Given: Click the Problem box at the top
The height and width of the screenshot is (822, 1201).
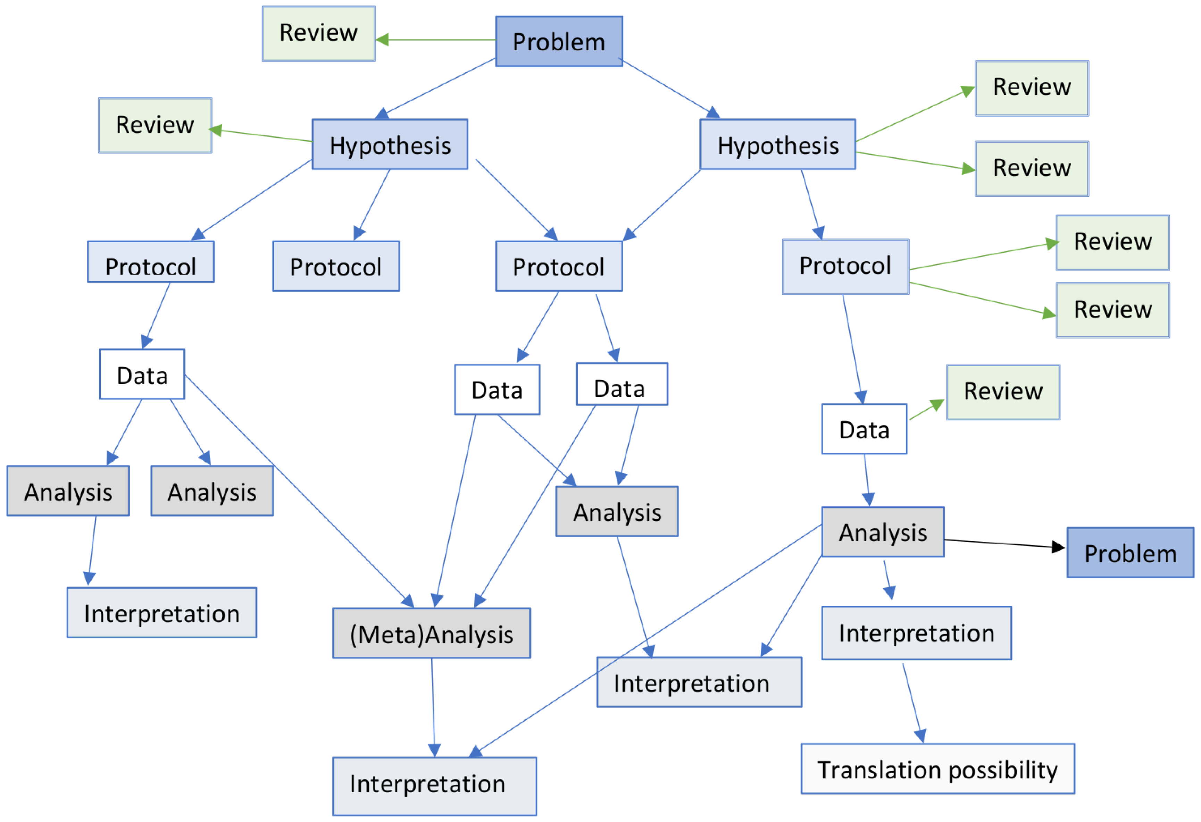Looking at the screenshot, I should (559, 41).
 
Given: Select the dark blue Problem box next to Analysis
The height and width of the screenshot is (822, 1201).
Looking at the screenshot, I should (1130, 553).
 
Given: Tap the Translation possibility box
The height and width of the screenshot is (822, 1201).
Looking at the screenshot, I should (937, 769).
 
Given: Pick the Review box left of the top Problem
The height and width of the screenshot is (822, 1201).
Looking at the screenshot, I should (318, 33).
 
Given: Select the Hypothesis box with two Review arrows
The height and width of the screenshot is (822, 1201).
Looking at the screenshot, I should (777, 145).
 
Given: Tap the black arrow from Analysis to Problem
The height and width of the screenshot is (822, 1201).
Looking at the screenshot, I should (1002, 544).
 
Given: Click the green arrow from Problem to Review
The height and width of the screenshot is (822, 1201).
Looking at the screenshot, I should (439, 39).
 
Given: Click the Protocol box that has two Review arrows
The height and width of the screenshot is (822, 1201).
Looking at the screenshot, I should (845, 267).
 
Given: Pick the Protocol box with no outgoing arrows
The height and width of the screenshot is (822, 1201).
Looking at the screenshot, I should (336, 267).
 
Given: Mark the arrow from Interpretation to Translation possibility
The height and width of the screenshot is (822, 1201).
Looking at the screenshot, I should (912, 703).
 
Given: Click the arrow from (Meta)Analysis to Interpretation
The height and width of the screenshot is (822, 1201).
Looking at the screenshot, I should (433, 708).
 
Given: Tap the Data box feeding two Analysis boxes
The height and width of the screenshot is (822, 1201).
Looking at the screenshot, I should (142, 374).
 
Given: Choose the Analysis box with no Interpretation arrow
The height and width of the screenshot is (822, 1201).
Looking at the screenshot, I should (212, 491).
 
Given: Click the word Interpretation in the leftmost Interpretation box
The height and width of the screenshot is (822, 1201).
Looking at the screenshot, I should (162, 614).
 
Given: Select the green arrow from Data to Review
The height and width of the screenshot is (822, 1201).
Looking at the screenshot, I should (925, 410).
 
